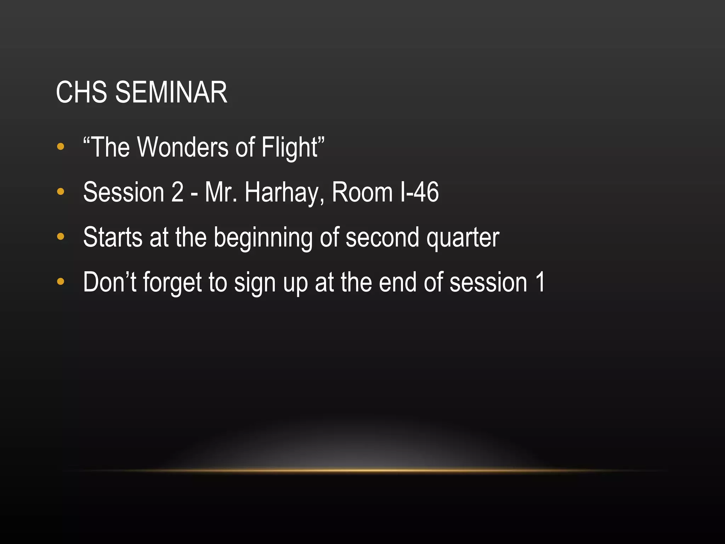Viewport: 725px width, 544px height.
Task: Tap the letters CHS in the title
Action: (x=81, y=92)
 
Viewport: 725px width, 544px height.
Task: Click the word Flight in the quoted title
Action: (x=290, y=147)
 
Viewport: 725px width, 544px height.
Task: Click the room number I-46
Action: (x=419, y=192)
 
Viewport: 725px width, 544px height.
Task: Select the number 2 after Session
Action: (x=177, y=192)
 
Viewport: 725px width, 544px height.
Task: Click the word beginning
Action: (x=263, y=238)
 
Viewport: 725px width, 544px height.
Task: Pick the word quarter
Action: (x=463, y=238)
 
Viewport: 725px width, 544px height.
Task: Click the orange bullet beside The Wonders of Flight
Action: (x=61, y=147)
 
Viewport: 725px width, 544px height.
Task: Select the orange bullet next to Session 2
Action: (x=61, y=192)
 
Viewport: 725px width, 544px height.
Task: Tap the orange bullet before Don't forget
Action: (x=61, y=282)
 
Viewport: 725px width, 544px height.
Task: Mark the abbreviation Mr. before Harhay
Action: (x=221, y=192)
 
